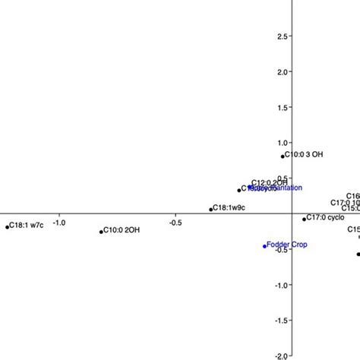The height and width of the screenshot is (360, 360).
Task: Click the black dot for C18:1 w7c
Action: pyautogui.click(x=7, y=226)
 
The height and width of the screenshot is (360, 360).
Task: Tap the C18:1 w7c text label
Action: pyautogui.click(x=27, y=226)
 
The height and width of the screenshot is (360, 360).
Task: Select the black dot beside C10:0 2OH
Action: pyautogui.click(x=101, y=232)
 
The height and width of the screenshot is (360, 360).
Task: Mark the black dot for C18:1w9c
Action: pyautogui.click(x=211, y=209)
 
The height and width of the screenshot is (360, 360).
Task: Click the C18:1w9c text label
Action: pyautogui.click(x=231, y=207)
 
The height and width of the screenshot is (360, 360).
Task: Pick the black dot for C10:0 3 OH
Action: pyautogui.click(x=283, y=156)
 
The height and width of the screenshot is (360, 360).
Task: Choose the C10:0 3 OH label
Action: pyautogui.click(x=304, y=155)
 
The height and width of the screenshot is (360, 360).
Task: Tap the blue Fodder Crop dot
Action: pyautogui.click(x=264, y=246)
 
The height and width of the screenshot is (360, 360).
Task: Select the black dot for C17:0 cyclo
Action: pyautogui.click(x=305, y=219)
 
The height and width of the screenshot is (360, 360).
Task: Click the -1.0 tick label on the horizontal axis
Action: pyautogui.click(x=58, y=223)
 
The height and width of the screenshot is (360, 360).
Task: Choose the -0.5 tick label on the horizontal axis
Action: pyautogui.click(x=175, y=223)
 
